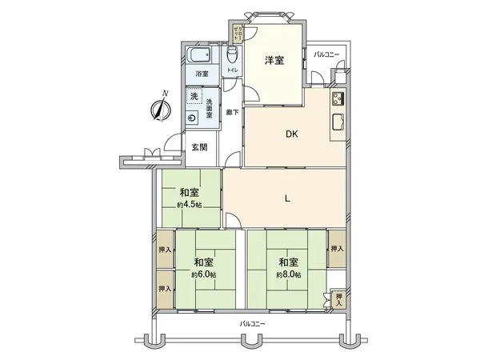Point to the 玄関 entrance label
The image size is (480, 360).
point(199,147)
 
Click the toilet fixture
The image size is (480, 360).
point(233,55)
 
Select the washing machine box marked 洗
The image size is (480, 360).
point(193,97)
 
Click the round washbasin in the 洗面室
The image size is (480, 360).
point(193,117)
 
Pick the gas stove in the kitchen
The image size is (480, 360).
point(337,100)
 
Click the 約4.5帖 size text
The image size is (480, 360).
point(189,205)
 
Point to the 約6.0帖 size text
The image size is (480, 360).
point(203,274)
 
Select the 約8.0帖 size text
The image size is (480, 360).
point(289,274)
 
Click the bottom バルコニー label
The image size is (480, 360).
point(253,324)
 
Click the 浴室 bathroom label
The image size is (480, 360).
point(202,74)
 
